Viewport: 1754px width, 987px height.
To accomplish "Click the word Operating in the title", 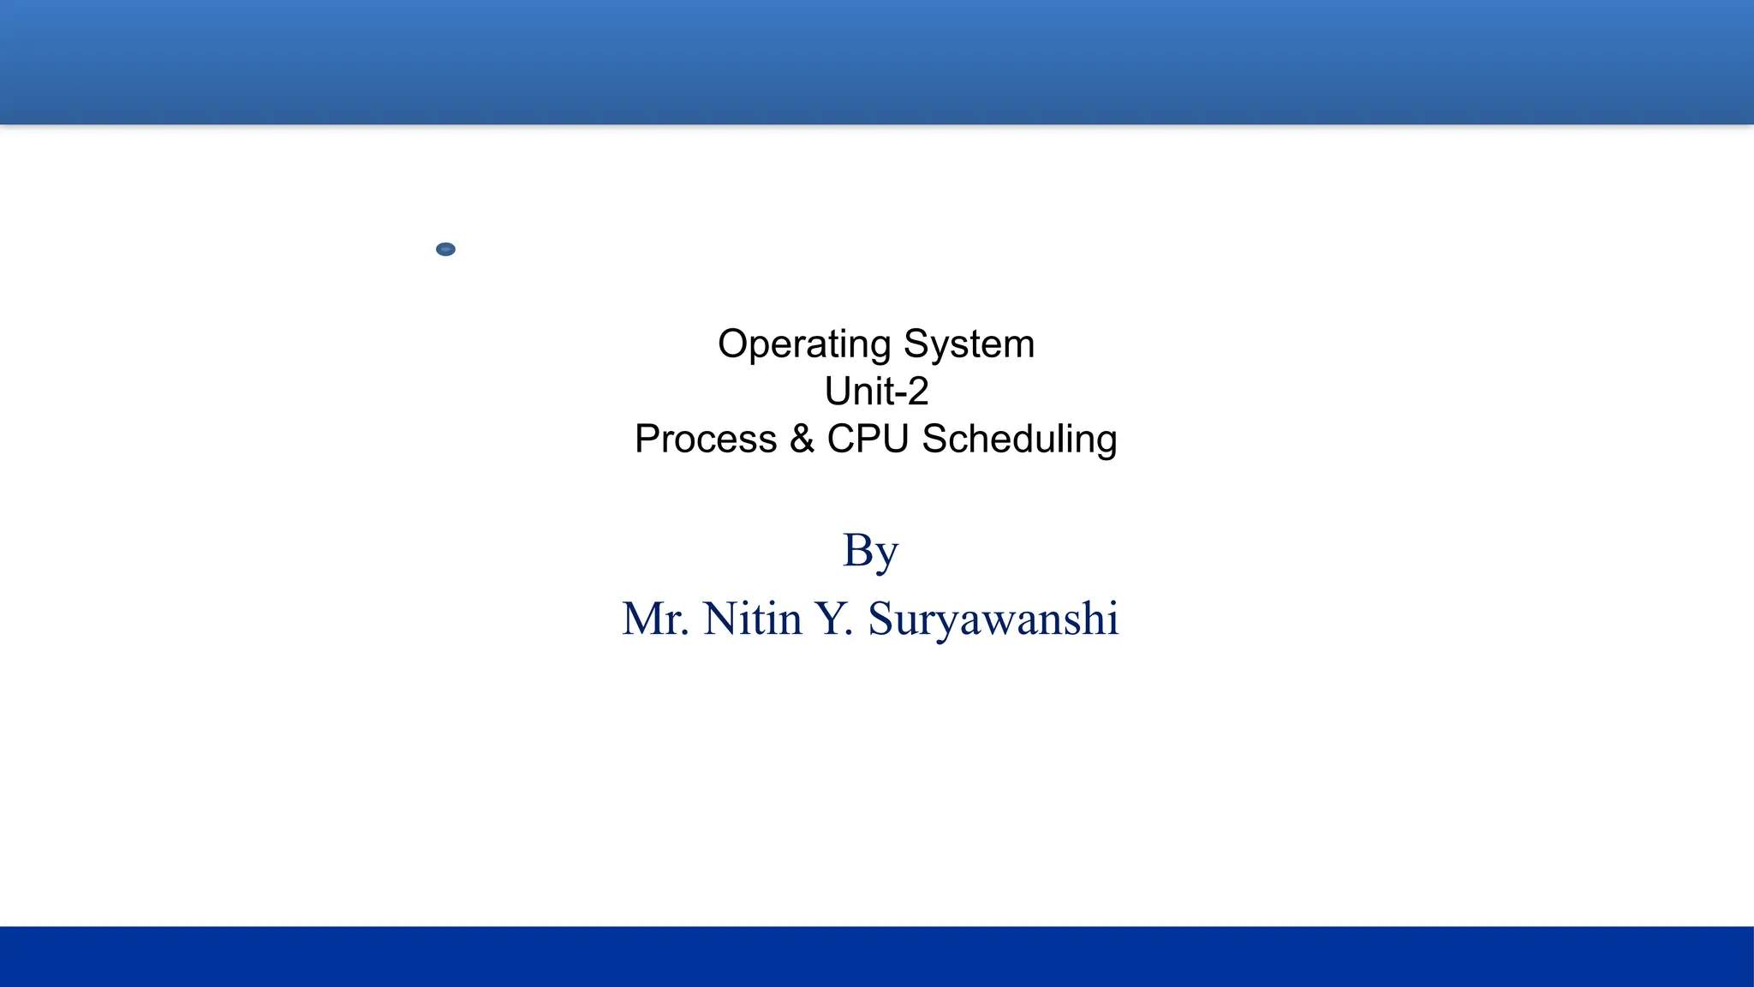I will pyautogui.click(x=804, y=345).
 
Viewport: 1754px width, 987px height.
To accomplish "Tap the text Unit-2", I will pyautogui.click(x=876, y=392).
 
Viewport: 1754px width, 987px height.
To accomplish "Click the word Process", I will pyautogui.click(x=706, y=440).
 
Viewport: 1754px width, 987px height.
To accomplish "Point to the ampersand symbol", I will pyautogui.click(x=802, y=439).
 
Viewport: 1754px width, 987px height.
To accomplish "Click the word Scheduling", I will pyautogui.click(x=1019, y=440).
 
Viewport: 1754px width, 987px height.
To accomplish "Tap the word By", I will pyautogui.click(x=870, y=551).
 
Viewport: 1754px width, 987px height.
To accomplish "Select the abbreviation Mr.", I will pyautogui.click(x=655, y=619).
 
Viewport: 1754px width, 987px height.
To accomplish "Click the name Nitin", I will pyautogui.click(x=752, y=619).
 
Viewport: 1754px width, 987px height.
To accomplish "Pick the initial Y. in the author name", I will pyautogui.click(x=833, y=619).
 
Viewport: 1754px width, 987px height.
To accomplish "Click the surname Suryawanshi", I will pyautogui.click(x=993, y=620).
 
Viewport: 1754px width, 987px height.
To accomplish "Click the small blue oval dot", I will pyautogui.click(x=445, y=249).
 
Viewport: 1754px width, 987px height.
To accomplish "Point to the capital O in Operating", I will pyautogui.click(x=734, y=344).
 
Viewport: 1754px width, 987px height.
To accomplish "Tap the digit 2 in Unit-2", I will pyautogui.click(x=917, y=392).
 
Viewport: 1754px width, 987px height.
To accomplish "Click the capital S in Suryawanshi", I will pyautogui.click(x=881, y=619).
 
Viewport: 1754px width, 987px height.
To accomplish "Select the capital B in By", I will pyautogui.click(x=857, y=549).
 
